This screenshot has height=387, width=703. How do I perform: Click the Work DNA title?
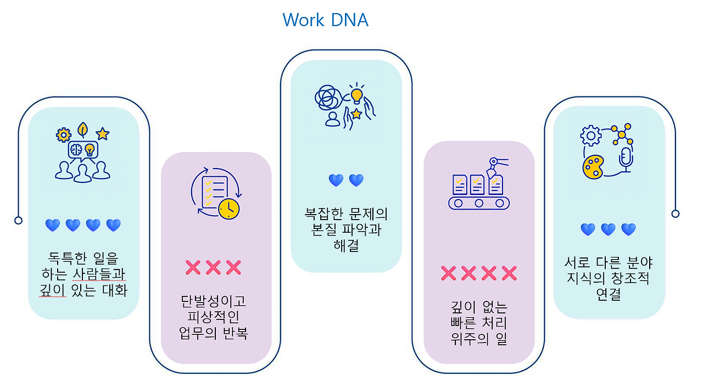(325, 20)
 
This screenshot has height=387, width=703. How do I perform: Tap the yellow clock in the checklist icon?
(228, 209)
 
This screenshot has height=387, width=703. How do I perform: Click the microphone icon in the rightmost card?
(626, 158)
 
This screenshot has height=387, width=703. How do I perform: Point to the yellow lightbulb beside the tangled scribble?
(357, 95)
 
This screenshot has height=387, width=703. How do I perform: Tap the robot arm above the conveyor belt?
(495, 165)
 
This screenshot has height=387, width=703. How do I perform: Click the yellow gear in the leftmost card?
(64, 134)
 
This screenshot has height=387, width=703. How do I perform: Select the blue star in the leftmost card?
(102, 133)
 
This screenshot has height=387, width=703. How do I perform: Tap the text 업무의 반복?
(214, 333)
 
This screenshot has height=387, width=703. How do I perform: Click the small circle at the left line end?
(19, 220)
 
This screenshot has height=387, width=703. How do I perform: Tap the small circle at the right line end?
(676, 214)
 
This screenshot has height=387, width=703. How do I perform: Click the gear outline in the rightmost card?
(591, 135)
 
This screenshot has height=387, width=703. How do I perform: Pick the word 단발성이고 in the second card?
(214, 301)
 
